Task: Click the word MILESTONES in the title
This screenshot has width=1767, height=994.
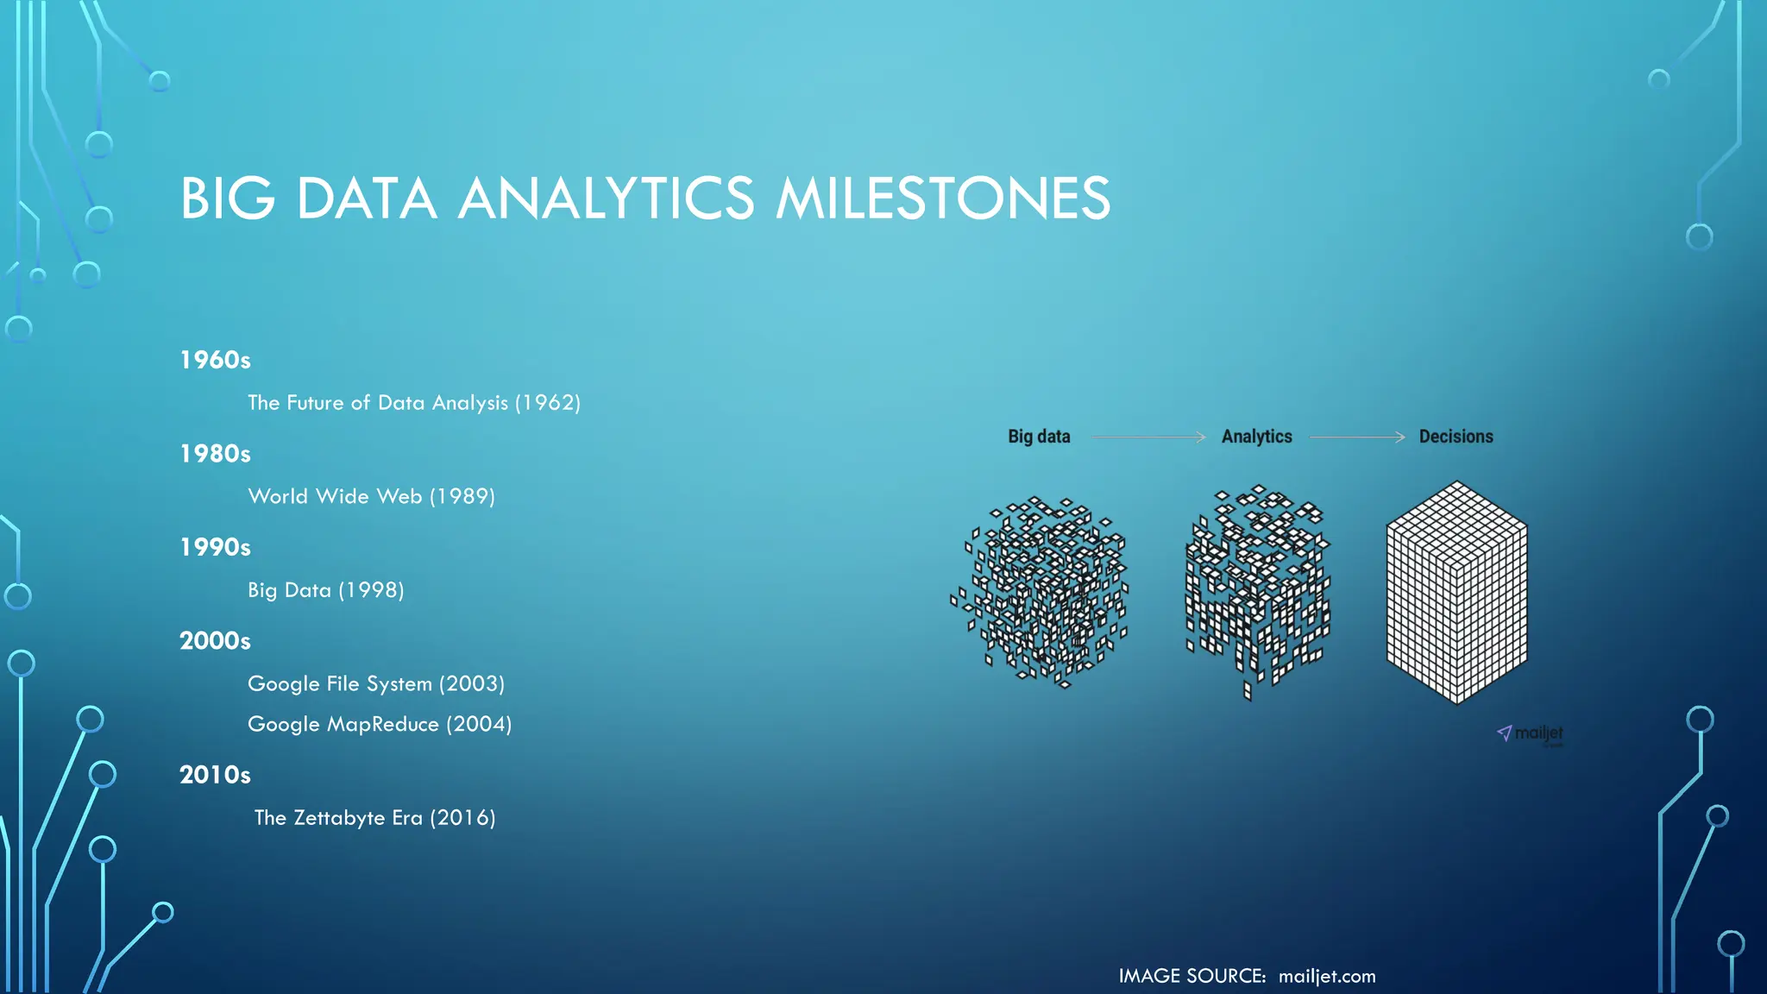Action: pos(942,198)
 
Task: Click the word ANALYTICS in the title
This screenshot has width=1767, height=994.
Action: pos(606,198)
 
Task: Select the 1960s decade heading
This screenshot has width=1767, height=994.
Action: pos(215,360)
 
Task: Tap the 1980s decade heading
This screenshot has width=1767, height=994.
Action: pos(215,454)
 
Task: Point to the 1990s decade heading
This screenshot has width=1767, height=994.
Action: pos(215,547)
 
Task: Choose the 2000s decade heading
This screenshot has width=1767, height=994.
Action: pos(215,641)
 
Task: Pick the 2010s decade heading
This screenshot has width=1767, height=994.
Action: pos(215,775)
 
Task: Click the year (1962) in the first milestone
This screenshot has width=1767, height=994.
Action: pos(548,403)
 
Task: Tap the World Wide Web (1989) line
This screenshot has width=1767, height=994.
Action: pos(371,497)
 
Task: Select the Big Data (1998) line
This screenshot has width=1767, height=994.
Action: pos(325,590)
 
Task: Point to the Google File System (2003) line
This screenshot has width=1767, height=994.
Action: pos(375,684)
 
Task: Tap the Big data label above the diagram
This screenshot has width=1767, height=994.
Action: pos(1039,437)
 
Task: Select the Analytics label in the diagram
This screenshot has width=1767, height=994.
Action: pos(1256,437)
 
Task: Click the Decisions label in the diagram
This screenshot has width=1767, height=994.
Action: pos(1456,437)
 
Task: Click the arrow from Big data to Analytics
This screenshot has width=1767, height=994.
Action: pos(1148,437)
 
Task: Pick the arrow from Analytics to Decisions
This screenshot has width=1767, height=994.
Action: pos(1357,437)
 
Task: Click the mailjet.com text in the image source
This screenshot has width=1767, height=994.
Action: pos(1327,976)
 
